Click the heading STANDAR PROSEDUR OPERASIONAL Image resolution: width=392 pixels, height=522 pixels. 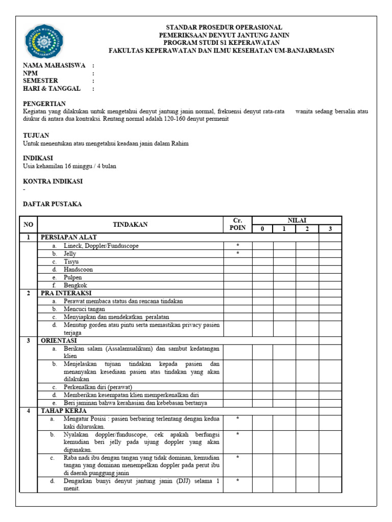pos(224,27)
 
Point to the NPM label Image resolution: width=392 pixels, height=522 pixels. pos(31,73)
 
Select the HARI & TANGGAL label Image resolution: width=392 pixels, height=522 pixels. pos(52,89)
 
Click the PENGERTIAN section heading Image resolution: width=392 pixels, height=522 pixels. pos(44,103)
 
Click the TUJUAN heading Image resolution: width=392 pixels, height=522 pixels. pos(36,136)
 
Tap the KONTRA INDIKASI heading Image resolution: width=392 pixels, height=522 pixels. pos(53,181)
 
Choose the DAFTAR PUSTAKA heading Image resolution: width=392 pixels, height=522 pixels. pos(52,204)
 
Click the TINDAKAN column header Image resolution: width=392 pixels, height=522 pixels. pos(130,224)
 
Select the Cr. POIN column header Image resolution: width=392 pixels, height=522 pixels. pos(238,224)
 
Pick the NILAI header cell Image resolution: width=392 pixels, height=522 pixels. pos(297,220)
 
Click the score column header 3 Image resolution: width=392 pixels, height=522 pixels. pos(330,229)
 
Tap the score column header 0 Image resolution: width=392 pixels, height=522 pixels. pos(262,229)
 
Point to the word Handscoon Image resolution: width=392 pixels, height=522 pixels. pos(78,269)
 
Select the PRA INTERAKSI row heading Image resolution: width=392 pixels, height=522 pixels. pos(66,293)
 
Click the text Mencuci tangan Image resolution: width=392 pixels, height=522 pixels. pos(84,309)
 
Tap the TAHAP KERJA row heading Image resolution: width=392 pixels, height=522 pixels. pos(63,410)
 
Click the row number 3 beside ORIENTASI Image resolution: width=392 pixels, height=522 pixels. pos(29,341)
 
